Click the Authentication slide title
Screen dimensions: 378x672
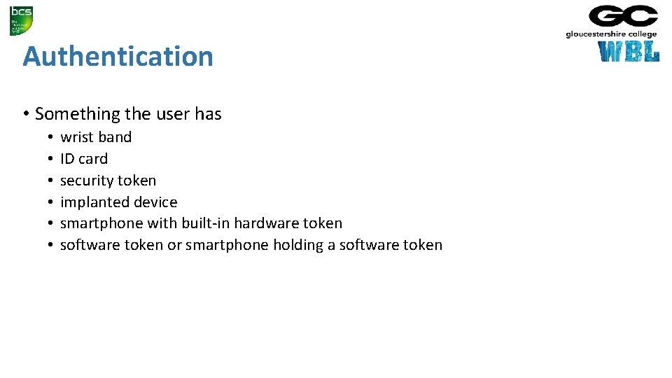pos(118,56)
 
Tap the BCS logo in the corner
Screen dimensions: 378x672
pos(21,20)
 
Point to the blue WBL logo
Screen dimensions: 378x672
pos(629,52)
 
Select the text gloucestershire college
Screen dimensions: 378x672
pos(611,34)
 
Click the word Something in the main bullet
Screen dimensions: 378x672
pos(78,113)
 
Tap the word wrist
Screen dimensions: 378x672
pos(76,137)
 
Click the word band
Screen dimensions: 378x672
pos(114,137)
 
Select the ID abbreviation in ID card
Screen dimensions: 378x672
pos(67,159)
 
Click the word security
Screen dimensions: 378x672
pos(87,181)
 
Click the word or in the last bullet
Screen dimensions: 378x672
pos(174,245)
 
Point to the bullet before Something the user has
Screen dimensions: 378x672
pos(25,114)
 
